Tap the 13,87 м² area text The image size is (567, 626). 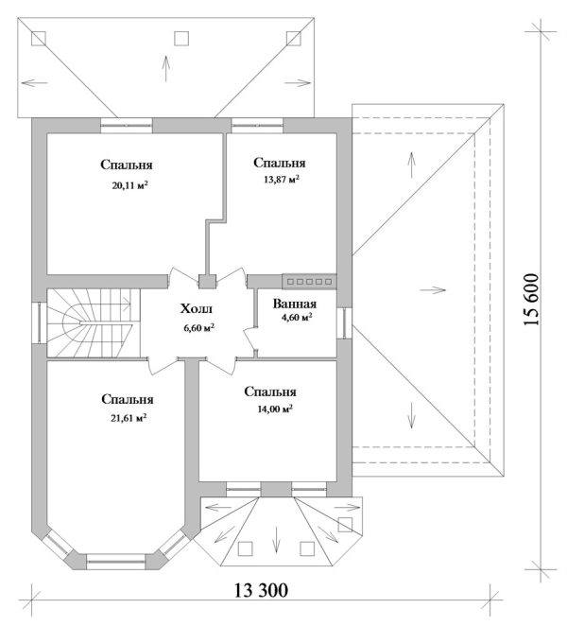pos(282,180)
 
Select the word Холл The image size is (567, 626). pos(197,308)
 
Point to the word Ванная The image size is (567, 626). pos(295,304)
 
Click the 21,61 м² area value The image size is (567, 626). pos(128,418)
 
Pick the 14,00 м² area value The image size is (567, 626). pos(275,409)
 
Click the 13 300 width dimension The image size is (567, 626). pos(261,590)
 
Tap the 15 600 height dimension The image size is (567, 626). pos(532,300)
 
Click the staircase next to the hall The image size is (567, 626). pos(94,323)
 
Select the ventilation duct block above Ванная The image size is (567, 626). pos(309,282)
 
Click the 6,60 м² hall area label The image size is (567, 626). pos(198,328)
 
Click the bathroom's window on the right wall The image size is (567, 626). pos(344,323)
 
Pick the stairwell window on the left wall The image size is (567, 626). pos(40,322)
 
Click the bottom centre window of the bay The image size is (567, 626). pos(115,561)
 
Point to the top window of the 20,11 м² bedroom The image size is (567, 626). pos(126,126)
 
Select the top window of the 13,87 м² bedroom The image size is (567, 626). pos(257,126)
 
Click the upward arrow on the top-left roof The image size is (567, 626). pos(165,69)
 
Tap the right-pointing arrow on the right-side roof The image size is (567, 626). pos(433,289)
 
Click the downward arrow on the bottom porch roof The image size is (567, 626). pos(275,540)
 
